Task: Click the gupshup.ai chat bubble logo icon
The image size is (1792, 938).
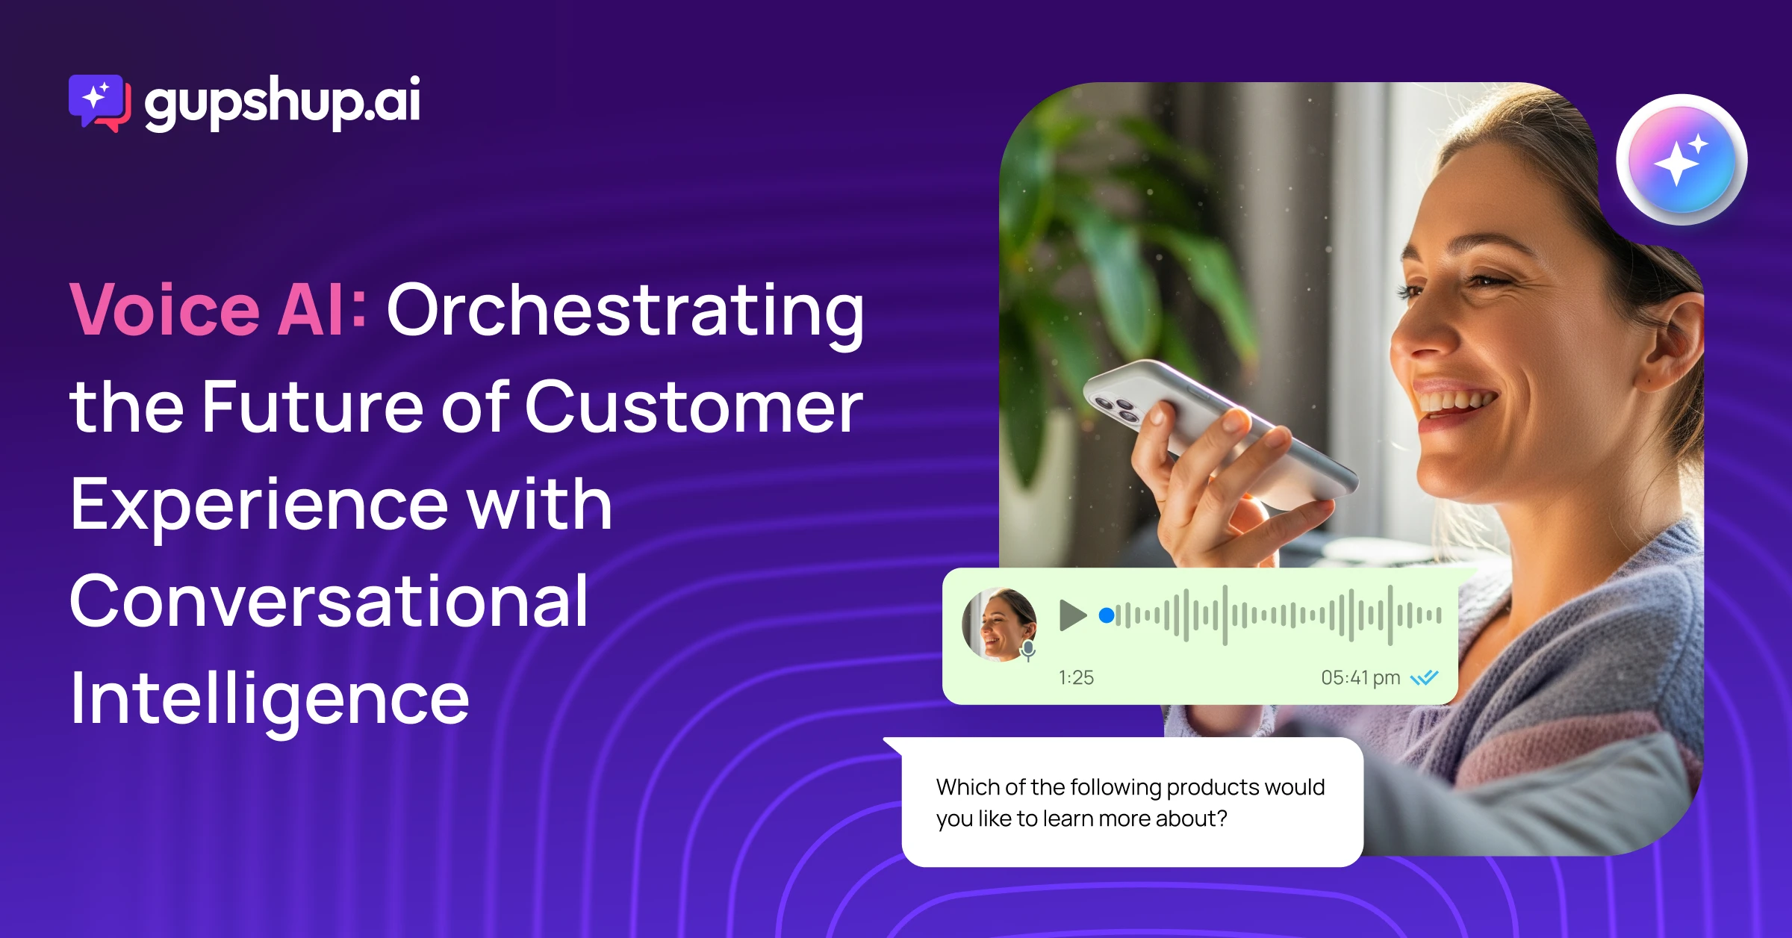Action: pyautogui.click(x=100, y=103)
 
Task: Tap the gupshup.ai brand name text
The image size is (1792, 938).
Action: pyautogui.click(x=282, y=102)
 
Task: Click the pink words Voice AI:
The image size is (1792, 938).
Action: pyautogui.click(x=218, y=310)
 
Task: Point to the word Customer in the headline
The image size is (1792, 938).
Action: pyautogui.click(x=694, y=407)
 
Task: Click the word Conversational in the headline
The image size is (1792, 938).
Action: pyautogui.click(x=329, y=600)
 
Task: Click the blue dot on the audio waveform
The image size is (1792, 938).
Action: pyautogui.click(x=1107, y=615)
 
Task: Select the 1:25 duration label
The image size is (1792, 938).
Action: pyautogui.click(x=1076, y=677)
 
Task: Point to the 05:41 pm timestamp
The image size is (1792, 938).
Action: pyautogui.click(x=1360, y=677)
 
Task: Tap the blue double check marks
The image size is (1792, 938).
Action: pyautogui.click(x=1424, y=677)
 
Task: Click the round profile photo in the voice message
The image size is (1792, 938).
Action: pyautogui.click(x=999, y=624)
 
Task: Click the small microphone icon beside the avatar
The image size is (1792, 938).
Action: pyautogui.click(x=1028, y=650)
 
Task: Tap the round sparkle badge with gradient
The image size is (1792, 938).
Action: pyautogui.click(x=1681, y=160)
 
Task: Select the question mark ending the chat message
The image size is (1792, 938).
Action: pyautogui.click(x=1222, y=819)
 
